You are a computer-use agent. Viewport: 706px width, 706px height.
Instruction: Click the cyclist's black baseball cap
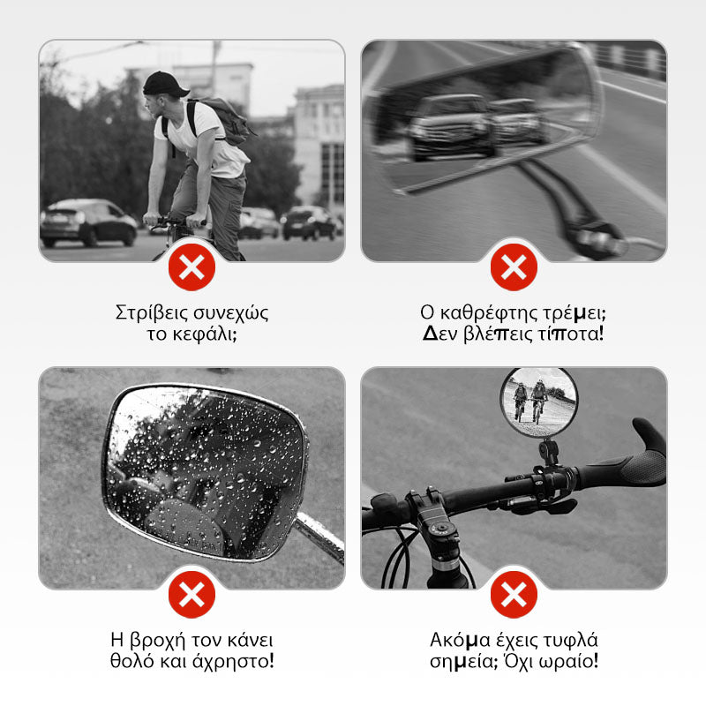[165, 84]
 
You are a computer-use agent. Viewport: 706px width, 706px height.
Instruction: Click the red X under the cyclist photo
[192, 267]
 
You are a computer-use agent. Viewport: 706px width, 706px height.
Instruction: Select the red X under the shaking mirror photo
[514, 267]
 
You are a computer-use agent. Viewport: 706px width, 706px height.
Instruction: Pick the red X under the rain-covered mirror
[192, 595]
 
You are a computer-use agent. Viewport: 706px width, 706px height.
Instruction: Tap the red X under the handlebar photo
[514, 595]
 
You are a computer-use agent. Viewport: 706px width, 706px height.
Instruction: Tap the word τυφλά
[570, 641]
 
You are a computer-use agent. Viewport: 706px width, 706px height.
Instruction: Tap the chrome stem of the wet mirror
[319, 537]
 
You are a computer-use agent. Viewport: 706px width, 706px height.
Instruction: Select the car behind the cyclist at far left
[87, 223]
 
